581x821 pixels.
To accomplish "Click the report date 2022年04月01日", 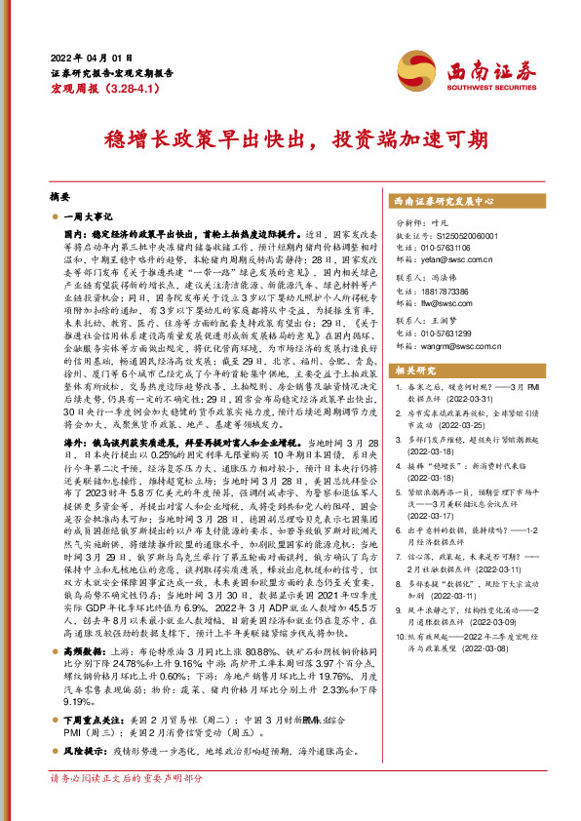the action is coord(89,57).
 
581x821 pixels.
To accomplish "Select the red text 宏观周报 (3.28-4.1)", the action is coord(97,88).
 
